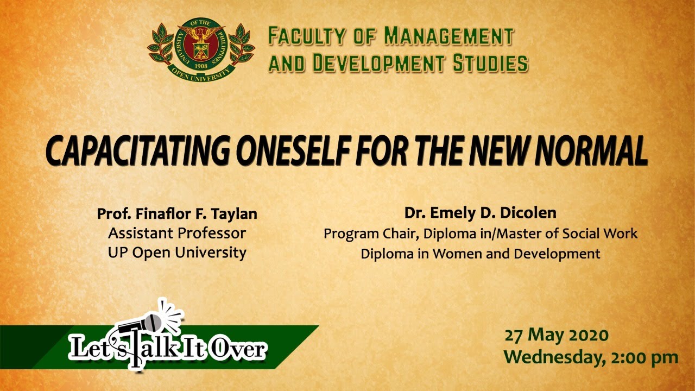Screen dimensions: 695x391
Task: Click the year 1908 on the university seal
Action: pos(201,66)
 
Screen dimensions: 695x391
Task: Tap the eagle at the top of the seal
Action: pos(201,34)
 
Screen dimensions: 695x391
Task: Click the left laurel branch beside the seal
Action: pos(161,45)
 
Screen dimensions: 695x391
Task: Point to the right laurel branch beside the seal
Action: pos(242,45)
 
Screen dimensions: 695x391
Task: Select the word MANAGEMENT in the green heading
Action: pos(448,36)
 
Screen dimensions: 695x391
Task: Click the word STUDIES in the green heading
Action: pos(490,62)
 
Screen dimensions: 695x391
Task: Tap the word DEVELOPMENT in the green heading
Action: pos(379,62)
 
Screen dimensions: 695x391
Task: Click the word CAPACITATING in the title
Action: pos(138,151)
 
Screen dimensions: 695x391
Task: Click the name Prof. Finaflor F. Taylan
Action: pos(177,214)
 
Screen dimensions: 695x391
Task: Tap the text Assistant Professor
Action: pos(177,234)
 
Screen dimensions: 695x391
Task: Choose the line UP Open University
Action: pos(177,253)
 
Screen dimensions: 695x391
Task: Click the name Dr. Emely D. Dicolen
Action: pos(481,213)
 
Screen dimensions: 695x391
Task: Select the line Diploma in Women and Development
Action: pos(481,254)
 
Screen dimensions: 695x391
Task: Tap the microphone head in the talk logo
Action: pos(154,323)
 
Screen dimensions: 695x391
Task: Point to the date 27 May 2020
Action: pos(557,336)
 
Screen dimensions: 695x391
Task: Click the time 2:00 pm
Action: pos(645,358)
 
